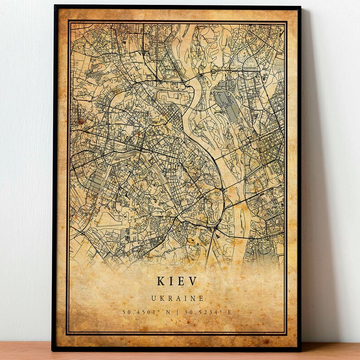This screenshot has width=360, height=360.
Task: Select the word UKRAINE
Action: click(x=177, y=298)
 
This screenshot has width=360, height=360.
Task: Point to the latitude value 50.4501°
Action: click(x=138, y=312)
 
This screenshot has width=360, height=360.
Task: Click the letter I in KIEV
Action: click(x=173, y=281)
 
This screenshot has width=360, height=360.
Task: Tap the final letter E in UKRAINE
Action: click(x=201, y=298)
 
